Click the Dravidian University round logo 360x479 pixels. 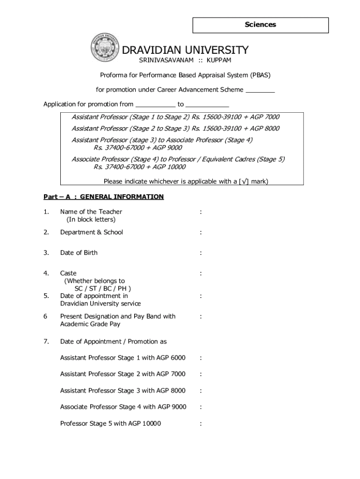click(x=106, y=48)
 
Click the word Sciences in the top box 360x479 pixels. click(x=260, y=25)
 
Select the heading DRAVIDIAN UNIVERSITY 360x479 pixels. click(x=185, y=50)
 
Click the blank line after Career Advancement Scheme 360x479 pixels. click(x=260, y=90)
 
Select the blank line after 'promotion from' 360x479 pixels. click(x=155, y=105)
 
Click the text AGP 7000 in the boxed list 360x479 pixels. click(x=265, y=117)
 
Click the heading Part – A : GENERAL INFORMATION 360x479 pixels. click(x=103, y=196)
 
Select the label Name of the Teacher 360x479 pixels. click(x=91, y=211)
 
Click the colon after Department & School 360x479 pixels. click(x=201, y=232)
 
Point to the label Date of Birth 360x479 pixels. click(x=79, y=253)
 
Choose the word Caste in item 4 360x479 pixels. click(x=68, y=273)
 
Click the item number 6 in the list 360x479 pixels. click(x=45, y=316)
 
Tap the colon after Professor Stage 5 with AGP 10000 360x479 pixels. click(x=201, y=424)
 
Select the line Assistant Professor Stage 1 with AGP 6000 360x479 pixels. click(x=123, y=358)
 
